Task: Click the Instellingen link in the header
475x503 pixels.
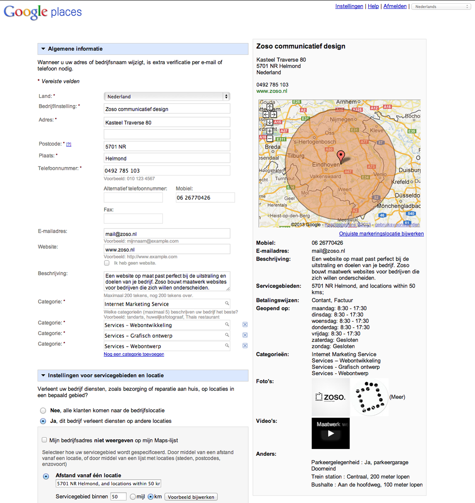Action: [x=349, y=6]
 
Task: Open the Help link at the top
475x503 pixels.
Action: [x=373, y=6]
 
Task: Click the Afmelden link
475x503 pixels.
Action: [x=395, y=6]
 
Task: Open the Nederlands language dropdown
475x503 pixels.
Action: [x=441, y=7]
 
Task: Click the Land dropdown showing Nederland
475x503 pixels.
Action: [x=167, y=97]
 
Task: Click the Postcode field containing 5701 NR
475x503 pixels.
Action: [x=167, y=147]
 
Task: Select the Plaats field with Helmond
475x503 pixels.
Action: [x=167, y=158]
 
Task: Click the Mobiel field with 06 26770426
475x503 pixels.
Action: [x=205, y=198]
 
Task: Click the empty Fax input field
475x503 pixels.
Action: [x=133, y=218]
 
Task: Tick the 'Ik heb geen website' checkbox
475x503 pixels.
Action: [x=107, y=263]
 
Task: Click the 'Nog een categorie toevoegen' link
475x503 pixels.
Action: [x=134, y=354]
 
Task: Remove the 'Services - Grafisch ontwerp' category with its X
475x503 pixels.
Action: [x=245, y=335]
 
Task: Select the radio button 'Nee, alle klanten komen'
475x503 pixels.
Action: [x=43, y=411]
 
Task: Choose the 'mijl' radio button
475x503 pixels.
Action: [x=133, y=497]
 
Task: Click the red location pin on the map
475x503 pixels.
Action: [x=341, y=156]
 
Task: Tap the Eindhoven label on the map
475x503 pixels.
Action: [x=326, y=165]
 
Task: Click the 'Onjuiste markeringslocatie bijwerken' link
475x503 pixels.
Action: [x=381, y=234]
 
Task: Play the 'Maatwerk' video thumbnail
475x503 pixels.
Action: [x=331, y=433]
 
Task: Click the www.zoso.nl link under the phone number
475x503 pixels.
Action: [x=271, y=91]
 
